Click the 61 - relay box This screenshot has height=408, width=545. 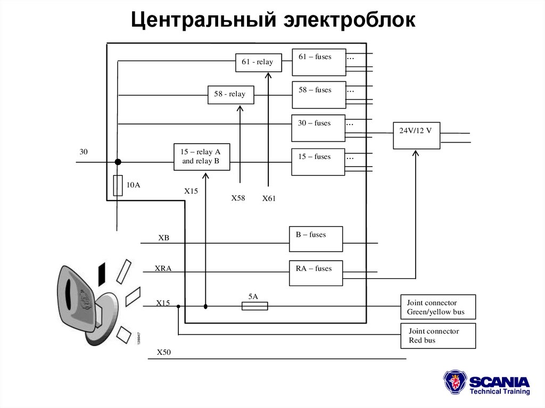258,62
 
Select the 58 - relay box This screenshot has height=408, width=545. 230,95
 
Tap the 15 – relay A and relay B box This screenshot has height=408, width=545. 202,157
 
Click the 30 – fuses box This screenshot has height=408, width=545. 318,128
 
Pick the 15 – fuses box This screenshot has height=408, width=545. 318,162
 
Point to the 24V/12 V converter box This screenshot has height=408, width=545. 416,136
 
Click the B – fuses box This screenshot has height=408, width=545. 316,239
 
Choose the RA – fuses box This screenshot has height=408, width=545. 316,273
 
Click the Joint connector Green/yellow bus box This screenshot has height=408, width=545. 437,307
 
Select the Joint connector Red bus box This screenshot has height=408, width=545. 437,336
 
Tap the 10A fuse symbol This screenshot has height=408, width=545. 118,186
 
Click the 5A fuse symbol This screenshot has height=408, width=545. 254,306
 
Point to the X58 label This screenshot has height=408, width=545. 238,198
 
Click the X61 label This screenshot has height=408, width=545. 269,198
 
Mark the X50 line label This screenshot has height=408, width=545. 164,352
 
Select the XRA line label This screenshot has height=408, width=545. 163,268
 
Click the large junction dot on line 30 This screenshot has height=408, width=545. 118,162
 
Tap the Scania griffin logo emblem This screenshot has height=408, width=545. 455,383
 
